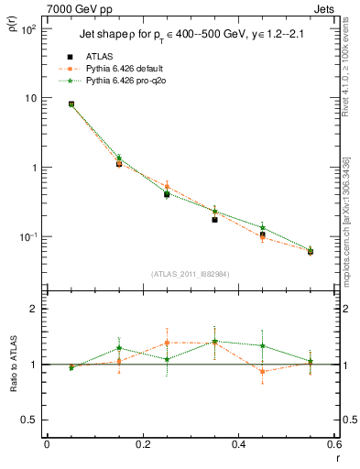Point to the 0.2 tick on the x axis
tap(142, 444)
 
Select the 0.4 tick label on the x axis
tap(238, 444)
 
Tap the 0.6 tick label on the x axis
tap(332, 444)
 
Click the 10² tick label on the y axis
tap(29, 30)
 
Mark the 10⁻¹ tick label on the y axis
tap(29, 237)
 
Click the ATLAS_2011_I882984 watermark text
tap(190, 274)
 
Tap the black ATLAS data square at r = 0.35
tap(214, 220)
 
